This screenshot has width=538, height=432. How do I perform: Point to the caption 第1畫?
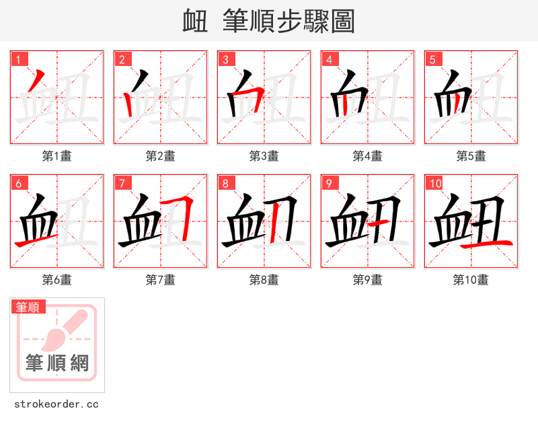57,156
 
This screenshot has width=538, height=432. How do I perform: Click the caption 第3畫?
264,156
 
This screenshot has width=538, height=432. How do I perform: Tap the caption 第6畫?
57,280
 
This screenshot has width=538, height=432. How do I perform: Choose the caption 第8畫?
264,280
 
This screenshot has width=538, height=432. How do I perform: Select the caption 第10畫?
471,280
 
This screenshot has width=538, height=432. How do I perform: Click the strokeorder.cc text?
56,404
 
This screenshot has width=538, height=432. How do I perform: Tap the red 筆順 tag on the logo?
28,308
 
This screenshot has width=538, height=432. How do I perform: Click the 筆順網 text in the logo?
57,364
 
